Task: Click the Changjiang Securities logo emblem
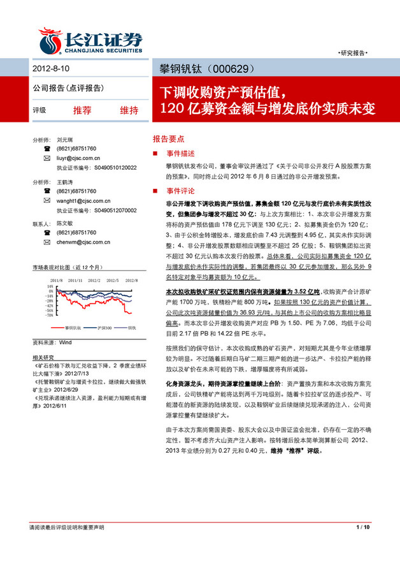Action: [x=50, y=39]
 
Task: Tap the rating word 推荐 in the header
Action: [x=82, y=110]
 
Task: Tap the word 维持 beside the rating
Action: [x=129, y=110]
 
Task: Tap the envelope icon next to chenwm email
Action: [x=46, y=242]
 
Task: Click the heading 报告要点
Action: [x=168, y=138]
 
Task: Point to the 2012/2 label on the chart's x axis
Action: [x=94, y=280]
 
